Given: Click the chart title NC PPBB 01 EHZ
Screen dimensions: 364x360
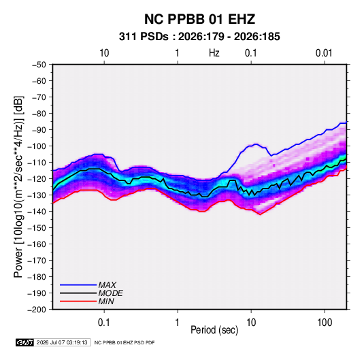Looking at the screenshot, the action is tap(199, 19).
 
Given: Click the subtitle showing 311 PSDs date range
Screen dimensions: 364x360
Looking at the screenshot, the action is tap(199, 37).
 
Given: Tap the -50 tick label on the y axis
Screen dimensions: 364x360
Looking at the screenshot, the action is tap(39, 65).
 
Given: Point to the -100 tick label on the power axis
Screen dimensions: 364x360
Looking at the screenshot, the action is tap(37, 146).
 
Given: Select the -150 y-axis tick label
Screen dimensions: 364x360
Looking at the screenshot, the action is tap(37, 228).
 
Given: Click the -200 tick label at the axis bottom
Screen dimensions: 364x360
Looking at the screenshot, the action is tap(37, 310).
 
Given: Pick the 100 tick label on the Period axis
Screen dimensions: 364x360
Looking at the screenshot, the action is tap(325, 323).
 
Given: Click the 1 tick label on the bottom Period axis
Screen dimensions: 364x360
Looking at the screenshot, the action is tap(178, 323).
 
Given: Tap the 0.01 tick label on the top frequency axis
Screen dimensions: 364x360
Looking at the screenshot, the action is tap(324, 53).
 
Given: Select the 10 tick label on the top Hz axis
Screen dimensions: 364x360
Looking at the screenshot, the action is tap(104, 53).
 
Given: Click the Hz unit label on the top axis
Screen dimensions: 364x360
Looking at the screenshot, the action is tap(214, 53).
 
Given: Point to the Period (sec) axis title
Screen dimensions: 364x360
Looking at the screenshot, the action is tap(214, 330).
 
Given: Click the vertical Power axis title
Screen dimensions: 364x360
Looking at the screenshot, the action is tap(18, 187).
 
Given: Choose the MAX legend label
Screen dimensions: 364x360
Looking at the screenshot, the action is tap(107, 285).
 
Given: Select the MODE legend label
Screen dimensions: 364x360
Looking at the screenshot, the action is tap(110, 293).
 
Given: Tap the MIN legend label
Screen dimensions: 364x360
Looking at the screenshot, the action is tap(106, 301).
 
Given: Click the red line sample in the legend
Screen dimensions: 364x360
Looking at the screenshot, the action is tap(78, 301).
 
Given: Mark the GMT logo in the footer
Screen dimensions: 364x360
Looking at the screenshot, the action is tap(24, 342).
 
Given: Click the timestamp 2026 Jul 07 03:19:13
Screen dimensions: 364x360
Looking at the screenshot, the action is tap(62, 342).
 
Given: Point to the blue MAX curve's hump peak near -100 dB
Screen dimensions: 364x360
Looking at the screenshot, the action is tap(256, 144).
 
